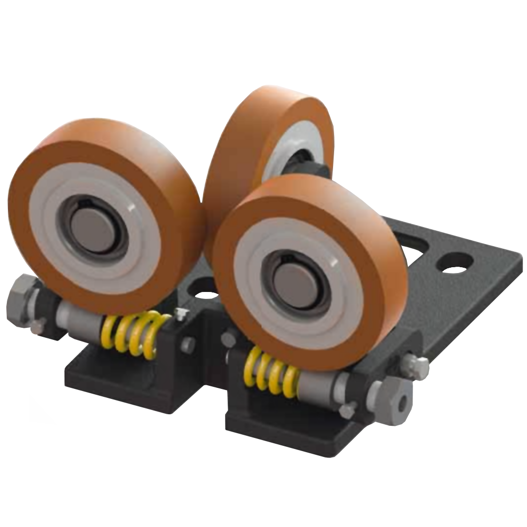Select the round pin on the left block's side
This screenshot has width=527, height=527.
click(x=188, y=345)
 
